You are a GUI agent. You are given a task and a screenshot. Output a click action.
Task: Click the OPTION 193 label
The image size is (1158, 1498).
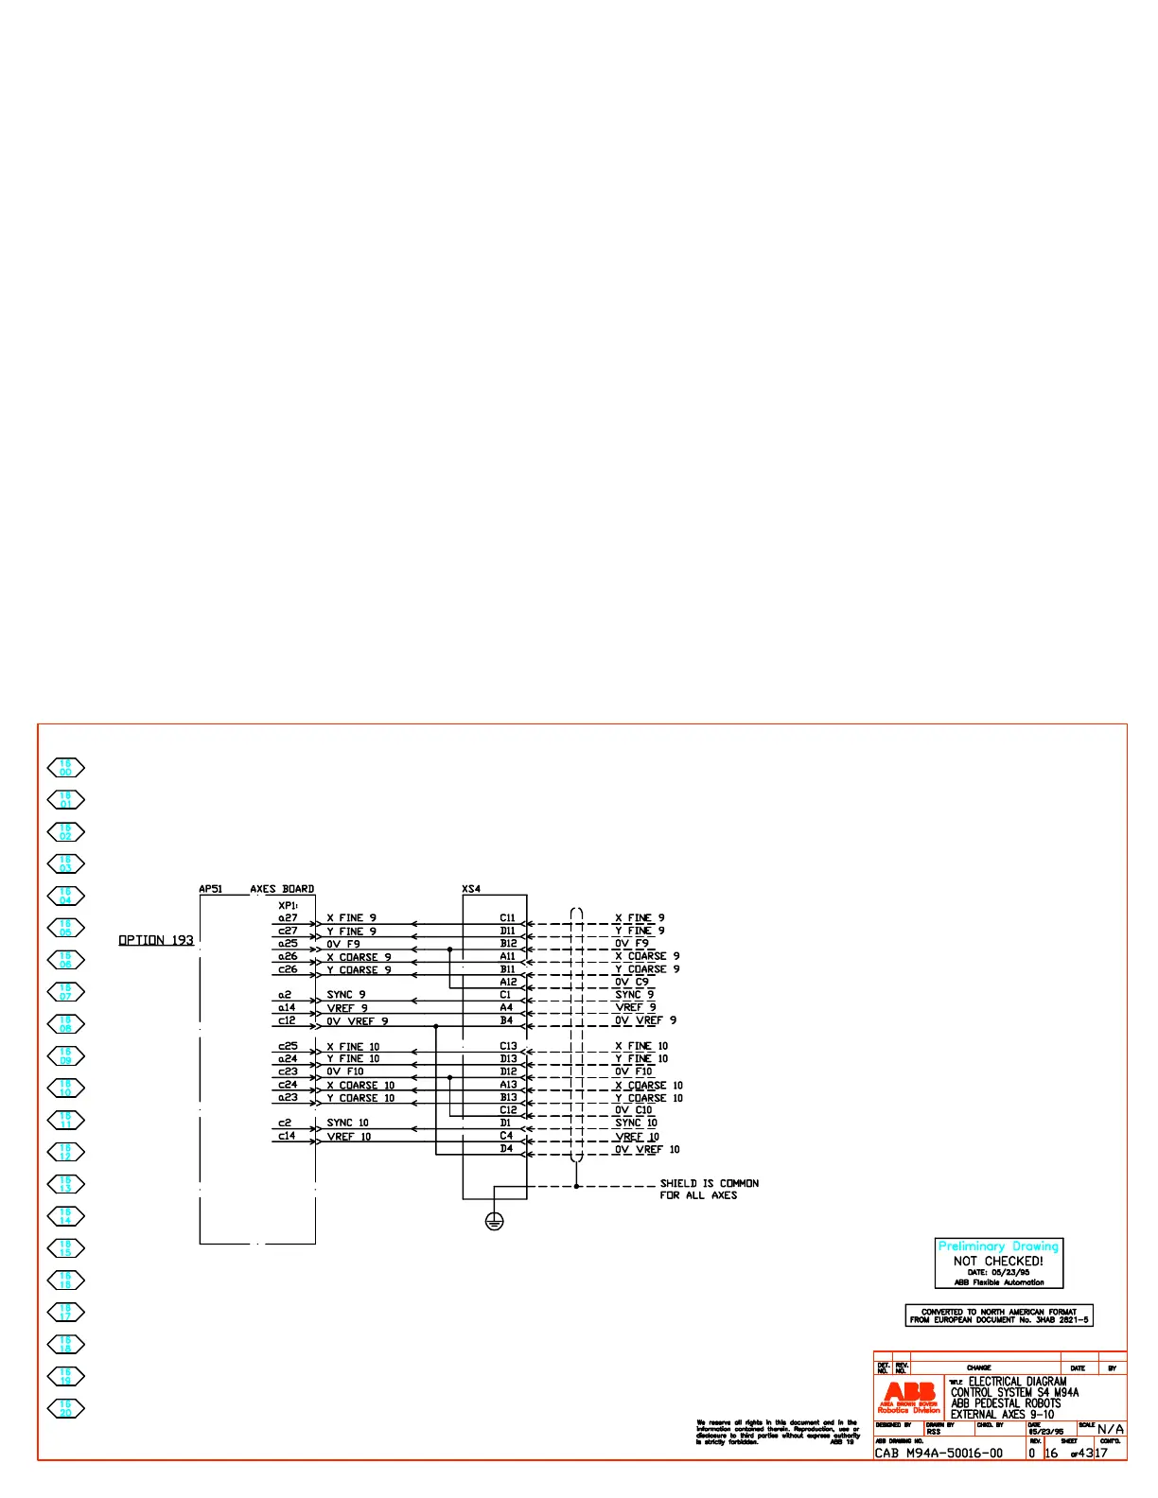point(155,940)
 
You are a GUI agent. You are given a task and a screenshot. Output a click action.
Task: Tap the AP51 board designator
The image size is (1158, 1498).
point(210,889)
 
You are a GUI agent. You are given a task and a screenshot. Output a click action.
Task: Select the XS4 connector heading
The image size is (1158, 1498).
point(471,889)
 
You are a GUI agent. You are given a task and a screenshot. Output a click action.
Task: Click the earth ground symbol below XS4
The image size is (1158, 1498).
point(494,1221)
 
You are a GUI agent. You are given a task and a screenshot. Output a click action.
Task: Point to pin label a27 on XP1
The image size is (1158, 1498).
point(288,917)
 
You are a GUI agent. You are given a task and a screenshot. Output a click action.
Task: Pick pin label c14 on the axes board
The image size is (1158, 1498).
point(287,1136)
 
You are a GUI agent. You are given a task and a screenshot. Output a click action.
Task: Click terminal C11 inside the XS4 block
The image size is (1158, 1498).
point(508,917)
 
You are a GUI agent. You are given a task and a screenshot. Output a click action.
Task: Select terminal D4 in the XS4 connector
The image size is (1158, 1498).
point(506,1148)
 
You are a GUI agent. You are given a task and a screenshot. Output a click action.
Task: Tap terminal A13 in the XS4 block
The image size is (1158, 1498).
point(508,1085)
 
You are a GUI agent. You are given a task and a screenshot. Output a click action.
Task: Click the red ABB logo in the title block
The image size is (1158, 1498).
point(909,1394)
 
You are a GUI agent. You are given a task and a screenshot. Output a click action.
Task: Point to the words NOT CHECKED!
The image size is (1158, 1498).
point(998,1261)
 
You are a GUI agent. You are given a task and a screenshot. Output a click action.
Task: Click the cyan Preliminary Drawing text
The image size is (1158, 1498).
point(998,1246)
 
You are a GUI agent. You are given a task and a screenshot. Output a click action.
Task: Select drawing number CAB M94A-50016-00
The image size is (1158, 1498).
point(939,1453)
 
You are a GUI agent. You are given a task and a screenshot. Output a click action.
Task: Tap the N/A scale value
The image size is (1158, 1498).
point(1111,1429)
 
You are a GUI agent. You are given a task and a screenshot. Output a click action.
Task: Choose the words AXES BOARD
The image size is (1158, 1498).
point(282,889)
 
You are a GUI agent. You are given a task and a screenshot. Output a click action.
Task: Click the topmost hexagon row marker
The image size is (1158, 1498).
point(66,768)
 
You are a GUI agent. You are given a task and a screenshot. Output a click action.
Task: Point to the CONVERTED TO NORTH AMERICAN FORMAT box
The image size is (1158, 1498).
point(999,1315)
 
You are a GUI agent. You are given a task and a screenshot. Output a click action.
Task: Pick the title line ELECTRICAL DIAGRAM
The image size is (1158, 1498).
point(1017,1382)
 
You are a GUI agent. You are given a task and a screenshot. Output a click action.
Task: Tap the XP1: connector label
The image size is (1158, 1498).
point(288,905)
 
